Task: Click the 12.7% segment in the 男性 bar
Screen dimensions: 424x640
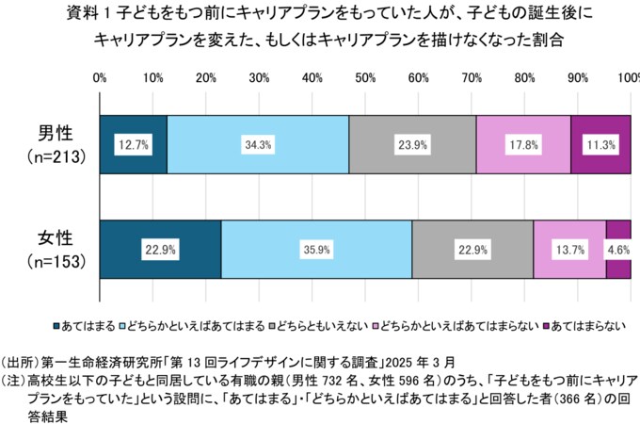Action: pyautogui.click(x=133, y=144)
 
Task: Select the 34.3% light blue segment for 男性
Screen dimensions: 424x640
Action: pyautogui.click(x=257, y=144)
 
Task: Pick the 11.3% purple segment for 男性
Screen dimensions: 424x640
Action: pyautogui.click(x=600, y=144)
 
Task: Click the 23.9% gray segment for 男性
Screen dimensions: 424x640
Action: pyautogui.click(x=411, y=144)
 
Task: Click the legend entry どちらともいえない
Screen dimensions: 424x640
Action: pyautogui.click(x=319, y=325)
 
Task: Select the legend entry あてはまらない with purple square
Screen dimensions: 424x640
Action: pyautogui.click(x=587, y=325)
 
